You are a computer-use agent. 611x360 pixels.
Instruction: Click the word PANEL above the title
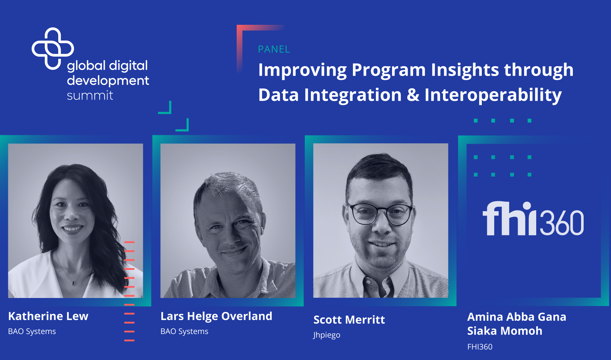click(274, 49)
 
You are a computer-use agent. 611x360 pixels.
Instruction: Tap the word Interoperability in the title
click(493, 95)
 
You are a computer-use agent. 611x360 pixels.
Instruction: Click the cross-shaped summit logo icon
click(53, 48)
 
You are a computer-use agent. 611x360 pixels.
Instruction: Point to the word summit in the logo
click(90, 95)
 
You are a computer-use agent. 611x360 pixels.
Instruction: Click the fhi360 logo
click(533, 218)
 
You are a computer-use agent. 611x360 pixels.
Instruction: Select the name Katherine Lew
click(48, 316)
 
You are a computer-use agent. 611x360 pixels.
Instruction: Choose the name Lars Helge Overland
click(216, 316)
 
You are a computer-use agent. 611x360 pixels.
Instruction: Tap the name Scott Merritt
click(349, 320)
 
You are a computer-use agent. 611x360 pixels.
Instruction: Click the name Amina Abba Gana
click(516, 317)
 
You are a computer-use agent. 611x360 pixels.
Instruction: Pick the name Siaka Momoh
click(504, 331)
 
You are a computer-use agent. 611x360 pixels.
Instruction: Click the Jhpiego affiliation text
click(327, 335)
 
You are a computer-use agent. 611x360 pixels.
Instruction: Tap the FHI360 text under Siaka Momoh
click(480, 347)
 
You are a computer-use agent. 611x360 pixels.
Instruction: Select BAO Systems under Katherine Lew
click(32, 331)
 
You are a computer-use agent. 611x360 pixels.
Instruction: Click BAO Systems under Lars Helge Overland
click(184, 331)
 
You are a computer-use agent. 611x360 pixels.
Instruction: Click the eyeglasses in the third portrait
click(381, 214)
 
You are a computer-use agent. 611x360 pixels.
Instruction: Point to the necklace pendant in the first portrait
click(73, 283)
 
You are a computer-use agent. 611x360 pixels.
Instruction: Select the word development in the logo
click(108, 81)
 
